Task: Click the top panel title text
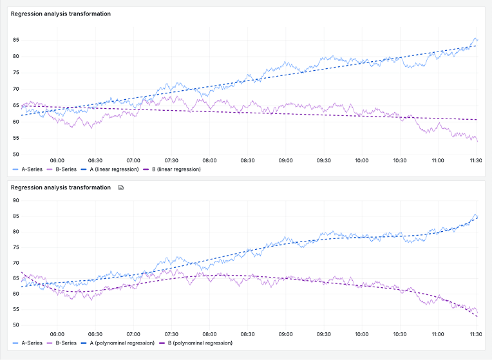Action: click(x=61, y=14)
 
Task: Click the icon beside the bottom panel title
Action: click(x=120, y=187)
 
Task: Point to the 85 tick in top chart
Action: click(x=15, y=40)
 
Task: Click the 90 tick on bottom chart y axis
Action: click(x=15, y=200)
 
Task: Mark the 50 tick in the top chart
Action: click(x=15, y=155)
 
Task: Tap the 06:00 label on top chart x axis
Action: click(x=57, y=161)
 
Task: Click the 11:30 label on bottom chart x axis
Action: click(x=475, y=335)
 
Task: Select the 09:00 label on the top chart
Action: click(x=285, y=161)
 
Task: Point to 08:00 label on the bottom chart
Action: click(x=209, y=335)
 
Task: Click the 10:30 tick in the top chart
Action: click(x=399, y=161)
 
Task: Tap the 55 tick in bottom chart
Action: click(x=15, y=310)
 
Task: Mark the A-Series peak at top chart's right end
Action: click(x=476, y=39)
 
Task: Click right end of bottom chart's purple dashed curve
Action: click(x=477, y=317)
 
